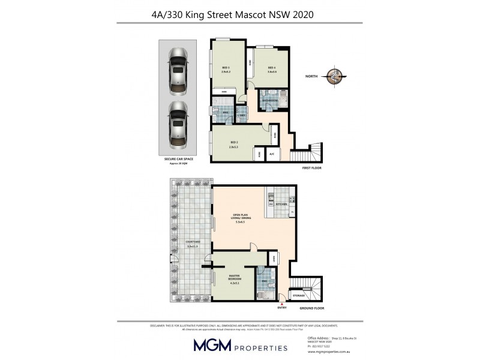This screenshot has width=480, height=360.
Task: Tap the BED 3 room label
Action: [226, 68]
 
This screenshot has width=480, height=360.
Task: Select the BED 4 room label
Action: [271, 68]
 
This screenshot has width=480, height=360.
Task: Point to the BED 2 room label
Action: [233, 144]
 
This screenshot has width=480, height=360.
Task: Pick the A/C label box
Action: [272, 155]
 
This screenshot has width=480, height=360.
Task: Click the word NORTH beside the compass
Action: [311, 76]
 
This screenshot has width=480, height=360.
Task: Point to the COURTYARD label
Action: [193, 242]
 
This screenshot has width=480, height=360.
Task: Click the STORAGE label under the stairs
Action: [299, 296]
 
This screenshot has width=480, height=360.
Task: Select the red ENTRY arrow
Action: [282, 305]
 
